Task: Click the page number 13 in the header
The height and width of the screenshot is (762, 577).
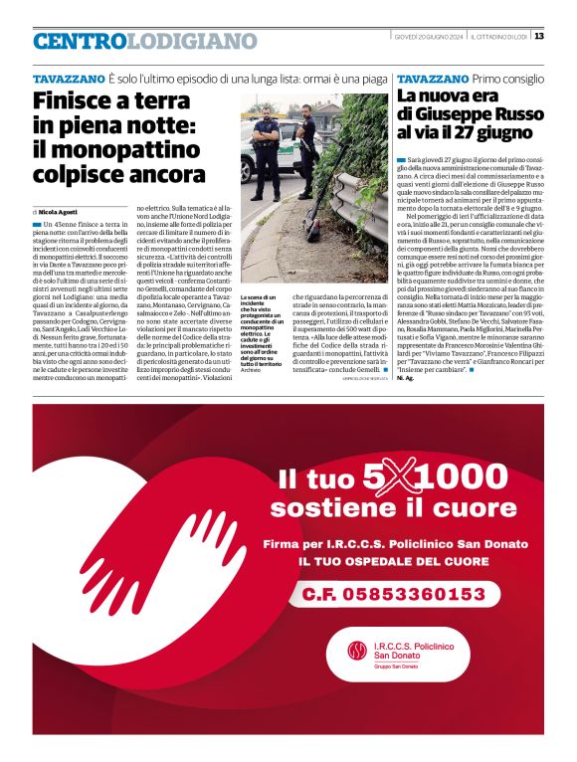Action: [x=539, y=37]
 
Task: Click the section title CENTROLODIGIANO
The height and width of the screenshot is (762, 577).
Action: [x=144, y=42]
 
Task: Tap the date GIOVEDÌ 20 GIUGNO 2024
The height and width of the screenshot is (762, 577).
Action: [x=428, y=37]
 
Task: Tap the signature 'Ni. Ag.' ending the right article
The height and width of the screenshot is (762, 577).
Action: [x=404, y=379]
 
